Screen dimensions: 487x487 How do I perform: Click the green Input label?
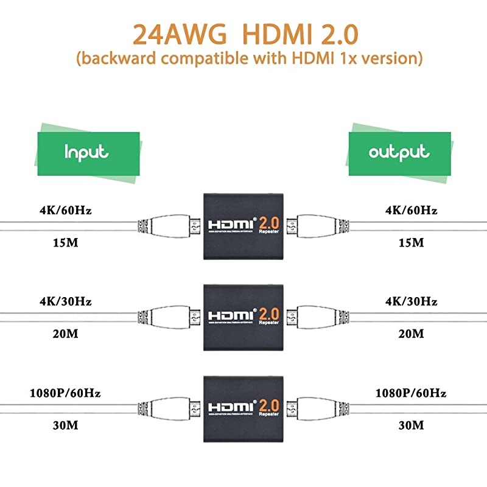coord(87,152)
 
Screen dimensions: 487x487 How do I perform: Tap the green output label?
coord(399,152)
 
